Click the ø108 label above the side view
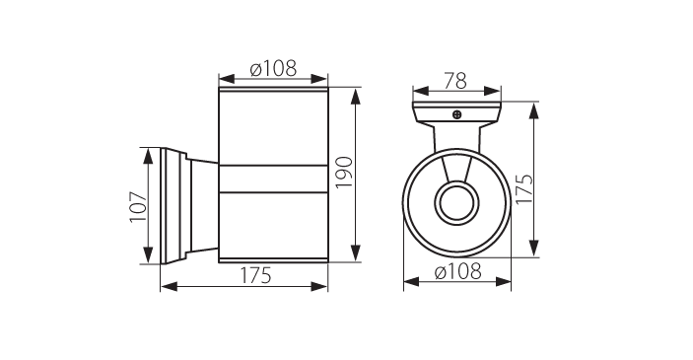(x=273, y=69)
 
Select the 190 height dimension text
(x=345, y=172)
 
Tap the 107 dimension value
(x=138, y=206)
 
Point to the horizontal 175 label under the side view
(x=255, y=276)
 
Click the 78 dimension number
(x=455, y=81)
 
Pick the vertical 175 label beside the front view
(x=524, y=188)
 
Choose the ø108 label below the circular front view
(x=457, y=271)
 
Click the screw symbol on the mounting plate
(x=457, y=114)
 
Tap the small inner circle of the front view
(x=457, y=203)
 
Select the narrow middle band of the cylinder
(x=273, y=180)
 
